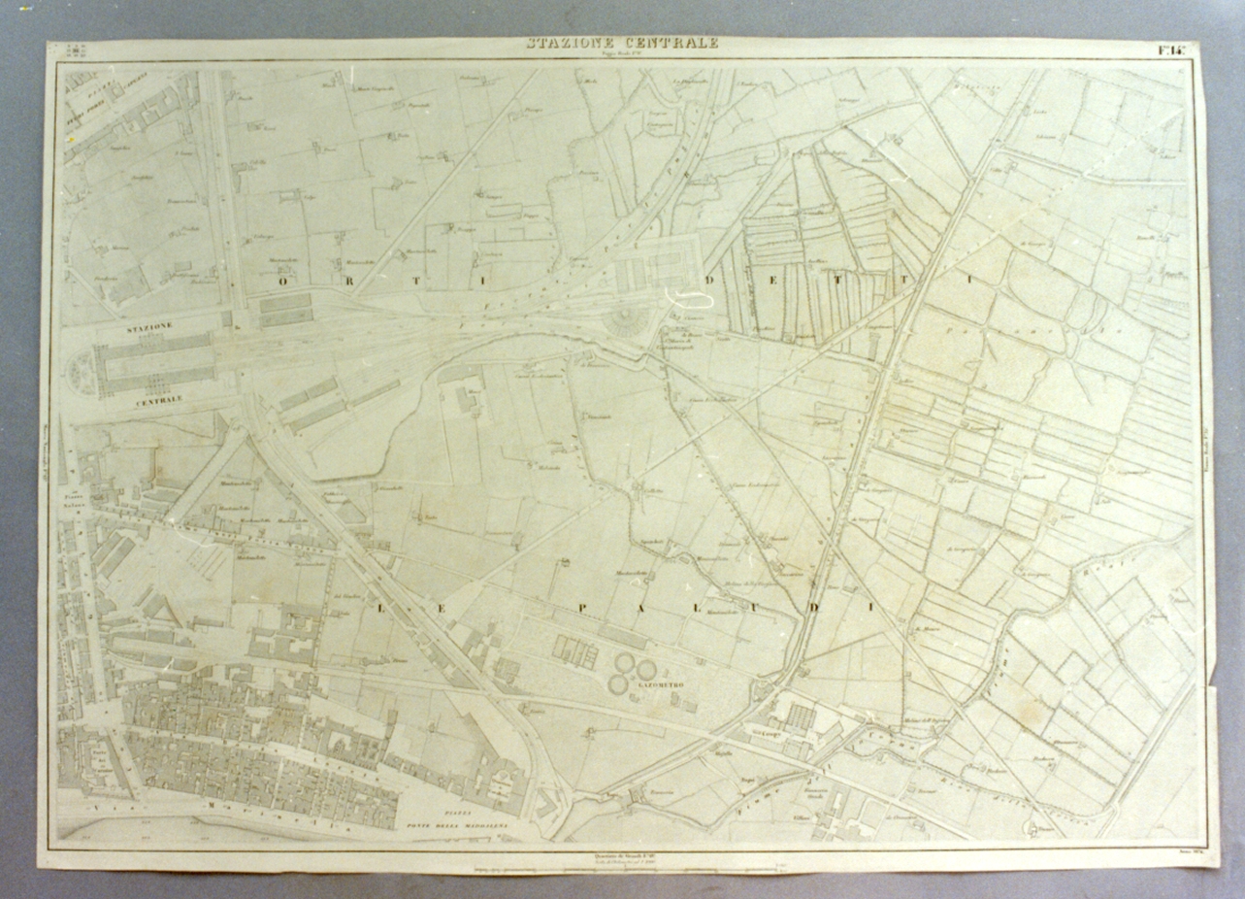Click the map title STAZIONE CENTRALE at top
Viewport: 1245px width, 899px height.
click(622, 43)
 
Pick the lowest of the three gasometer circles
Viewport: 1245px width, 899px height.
click(617, 683)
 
